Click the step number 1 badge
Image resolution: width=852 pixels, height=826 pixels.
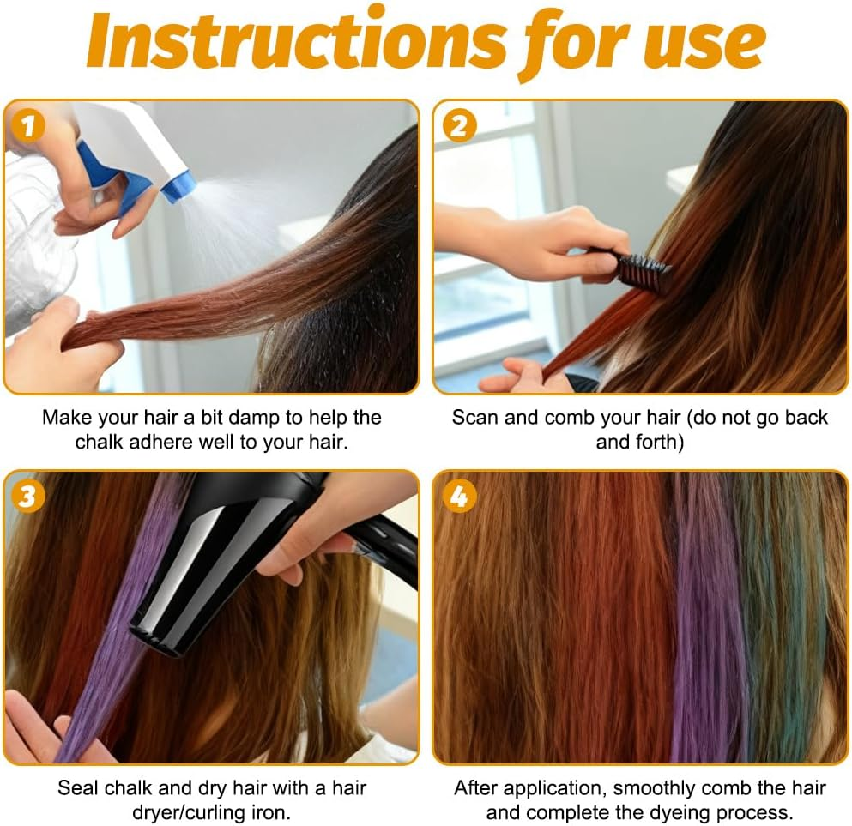pyautogui.click(x=28, y=127)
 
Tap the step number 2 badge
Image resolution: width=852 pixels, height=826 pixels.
pyautogui.click(x=459, y=127)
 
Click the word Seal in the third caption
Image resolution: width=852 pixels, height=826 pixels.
pyautogui.click(x=77, y=787)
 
